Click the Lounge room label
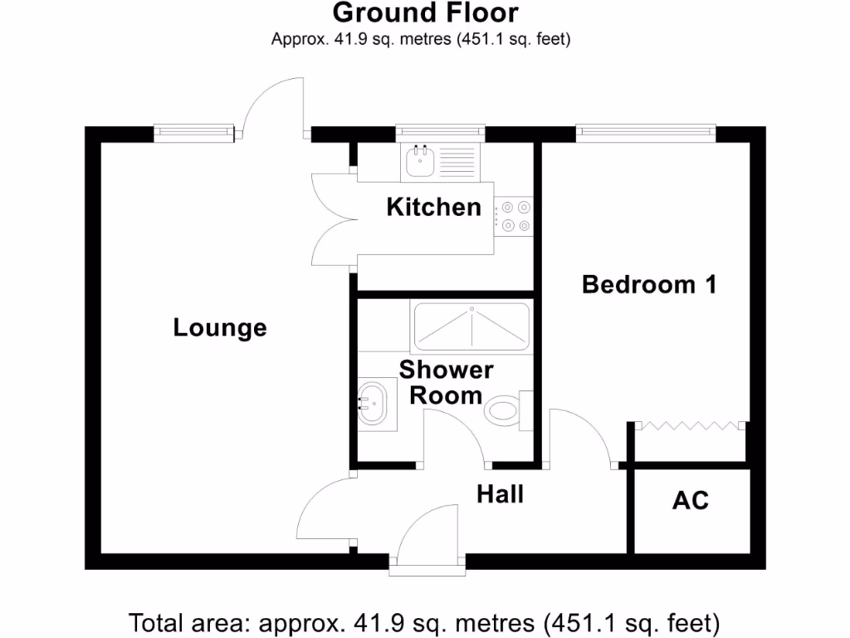(x=220, y=328)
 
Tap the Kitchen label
(x=433, y=207)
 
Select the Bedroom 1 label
(x=649, y=284)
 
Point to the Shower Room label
(x=446, y=382)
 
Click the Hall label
(x=500, y=494)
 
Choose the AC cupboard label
(x=691, y=501)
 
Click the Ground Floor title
(x=425, y=13)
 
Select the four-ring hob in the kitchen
(x=514, y=216)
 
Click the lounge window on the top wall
(x=192, y=131)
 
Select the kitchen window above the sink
(x=439, y=131)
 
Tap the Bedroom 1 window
(x=646, y=131)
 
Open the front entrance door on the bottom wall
(x=427, y=540)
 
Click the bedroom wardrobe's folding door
(x=688, y=426)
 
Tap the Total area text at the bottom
(x=424, y=621)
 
